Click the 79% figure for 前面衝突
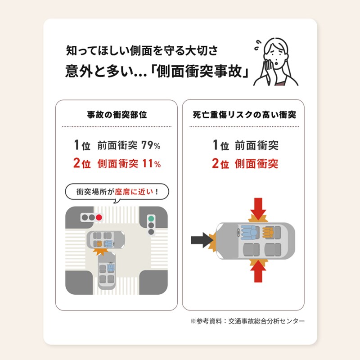pyautogui.click(x=151, y=145)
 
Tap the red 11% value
pyautogui.click(x=152, y=164)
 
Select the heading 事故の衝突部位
pyautogui.click(x=117, y=115)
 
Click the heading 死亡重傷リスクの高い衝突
pyautogui.click(x=244, y=115)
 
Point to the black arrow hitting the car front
pyautogui.click(x=202, y=240)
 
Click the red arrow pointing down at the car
pyautogui.click(x=258, y=208)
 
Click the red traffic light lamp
pyautogui.click(x=99, y=217)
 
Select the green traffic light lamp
pyautogui.click(x=151, y=218)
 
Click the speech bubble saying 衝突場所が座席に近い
pyautogui.click(x=117, y=192)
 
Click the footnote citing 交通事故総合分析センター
pyautogui.click(x=247, y=321)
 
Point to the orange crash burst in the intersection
pyautogui.click(x=100, y=251)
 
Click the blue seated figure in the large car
pyautogui.click(x=249, y=232)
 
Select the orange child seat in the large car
pyautogui.click(x=268, y=232)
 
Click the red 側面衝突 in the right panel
pyautogui.click(x=256, y=164)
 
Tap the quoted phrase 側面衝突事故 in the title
pyautogui.click(x=199, y=71)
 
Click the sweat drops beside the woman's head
pyautogui.click(x=258, y=45)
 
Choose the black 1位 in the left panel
pyautogui.click(x=82, y=145)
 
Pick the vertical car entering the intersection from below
pyautogui.click(x=107, y=271)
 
